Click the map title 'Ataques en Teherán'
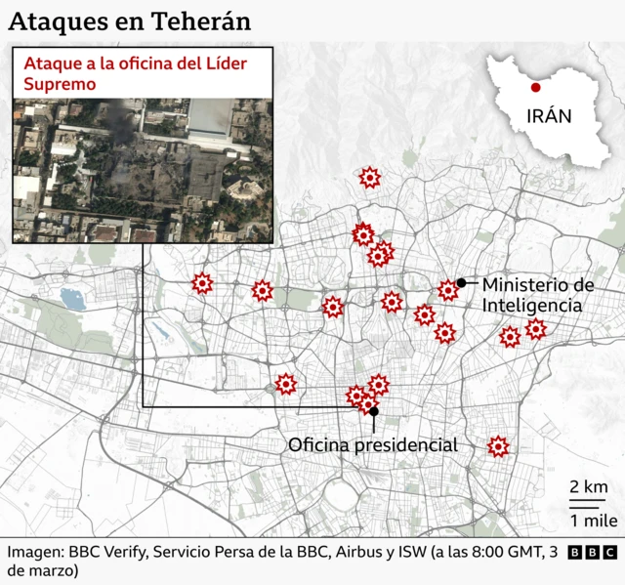(129, 21)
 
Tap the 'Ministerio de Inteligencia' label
(538, 295)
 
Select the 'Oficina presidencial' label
(372, 445)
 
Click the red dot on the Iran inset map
(536, 87)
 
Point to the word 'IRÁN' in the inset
(549, 117)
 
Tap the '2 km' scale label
(589, 487)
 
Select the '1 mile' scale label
(588, 519)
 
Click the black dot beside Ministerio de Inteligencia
(460, 282)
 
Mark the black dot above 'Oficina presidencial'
(374, 411)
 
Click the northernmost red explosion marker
(369, 177)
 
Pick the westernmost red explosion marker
(201, 283)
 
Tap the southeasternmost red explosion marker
(498, 446)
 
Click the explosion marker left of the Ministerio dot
(447, 289)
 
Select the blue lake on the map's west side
(72, 298)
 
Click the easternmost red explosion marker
(535, 329)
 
